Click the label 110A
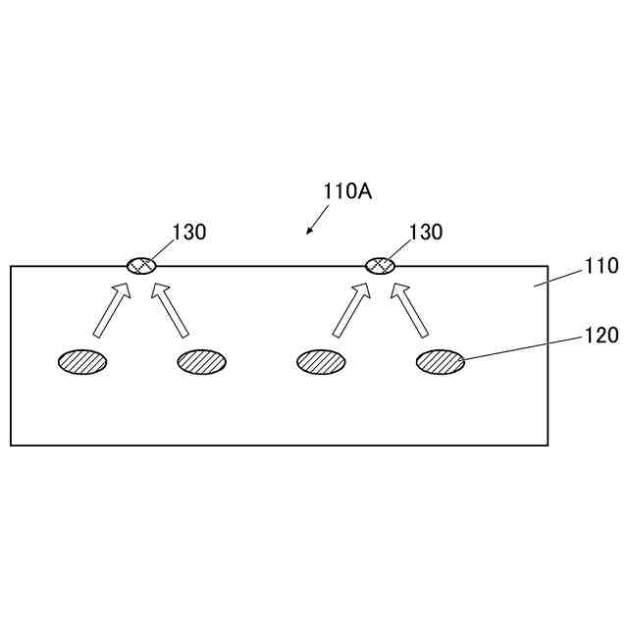tap(347, 191)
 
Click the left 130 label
tap(189, 232)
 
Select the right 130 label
tap(426, 232)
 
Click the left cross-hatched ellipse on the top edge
tap(141, 265)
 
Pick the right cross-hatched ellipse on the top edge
tap(380, 265)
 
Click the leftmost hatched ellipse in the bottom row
tap(82, 362)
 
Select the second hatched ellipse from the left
tap(202, 362)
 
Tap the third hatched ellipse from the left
tap(321, 362)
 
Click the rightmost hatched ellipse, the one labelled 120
tap(441, 362)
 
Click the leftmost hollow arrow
tap(111, 309)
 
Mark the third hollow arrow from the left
tap(350, 309)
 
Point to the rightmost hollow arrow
tap(412, 309)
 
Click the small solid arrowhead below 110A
tap(310, 231)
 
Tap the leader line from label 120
tap(520, 349)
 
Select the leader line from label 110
tap(557, 276)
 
